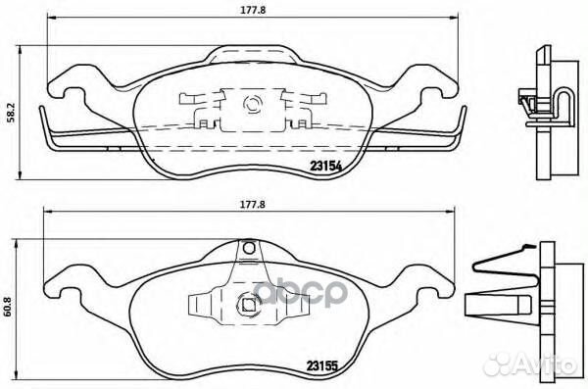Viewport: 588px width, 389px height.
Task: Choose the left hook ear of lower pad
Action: pyautogui.click(x=66, y=291)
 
